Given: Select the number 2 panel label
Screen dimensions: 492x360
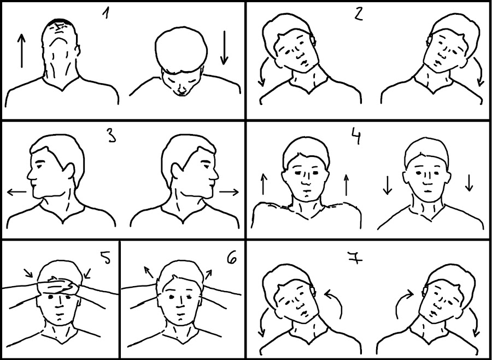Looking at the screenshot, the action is pyautogui.click(x=358, y=13).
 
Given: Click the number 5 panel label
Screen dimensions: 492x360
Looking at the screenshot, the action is pyautogui.click(x=105, y=258).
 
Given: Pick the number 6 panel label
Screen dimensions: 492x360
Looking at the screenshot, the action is pyautogui.click(x=232, y=258).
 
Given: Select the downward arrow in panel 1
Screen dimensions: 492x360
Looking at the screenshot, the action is pyautogui.click(x=224, y=48).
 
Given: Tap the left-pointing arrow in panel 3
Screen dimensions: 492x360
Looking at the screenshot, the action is pyautogui.click(x=16, y=191).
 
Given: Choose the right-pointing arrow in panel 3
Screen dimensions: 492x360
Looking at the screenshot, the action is pyautogui.click(x=229, y=191).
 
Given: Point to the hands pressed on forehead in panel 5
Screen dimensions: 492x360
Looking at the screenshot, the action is pyautogui.click(x=60, y=287).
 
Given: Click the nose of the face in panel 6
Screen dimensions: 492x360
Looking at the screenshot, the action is pyautogui.click(x=180, y=302).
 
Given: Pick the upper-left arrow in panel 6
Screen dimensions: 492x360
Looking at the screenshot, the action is pyautogui.click(x=149, y=272).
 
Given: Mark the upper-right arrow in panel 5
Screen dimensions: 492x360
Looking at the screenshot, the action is pyautogui.click(x=87, y=273).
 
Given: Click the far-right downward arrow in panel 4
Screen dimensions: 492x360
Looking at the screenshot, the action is pyautogui.click(x=469, y=183).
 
